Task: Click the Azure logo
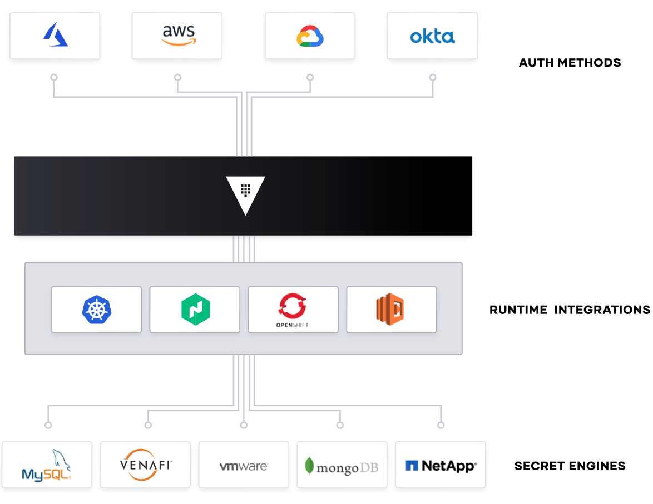click(56, 34)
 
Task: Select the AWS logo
click(179, 36)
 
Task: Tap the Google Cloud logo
click(310, 36)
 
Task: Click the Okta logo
click(432, 37)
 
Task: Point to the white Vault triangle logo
click(245, 192)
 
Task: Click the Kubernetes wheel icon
click(97, 310)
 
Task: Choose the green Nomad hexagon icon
click(195, 310)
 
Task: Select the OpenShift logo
click(293, 310)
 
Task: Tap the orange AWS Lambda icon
click(390, 309)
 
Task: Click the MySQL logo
click(47, 465)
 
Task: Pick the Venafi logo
click(146, 465)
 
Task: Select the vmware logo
click(244, 466)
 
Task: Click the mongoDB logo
click(342, 467)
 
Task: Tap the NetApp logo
click(441, 466)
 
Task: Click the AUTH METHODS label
click(570, 63)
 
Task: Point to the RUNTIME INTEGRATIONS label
click(570, 310)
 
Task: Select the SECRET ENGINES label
click(570, 466)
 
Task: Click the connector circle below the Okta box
click(433, 77)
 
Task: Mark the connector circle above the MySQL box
click(48, 425)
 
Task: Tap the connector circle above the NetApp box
click(441, 425)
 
